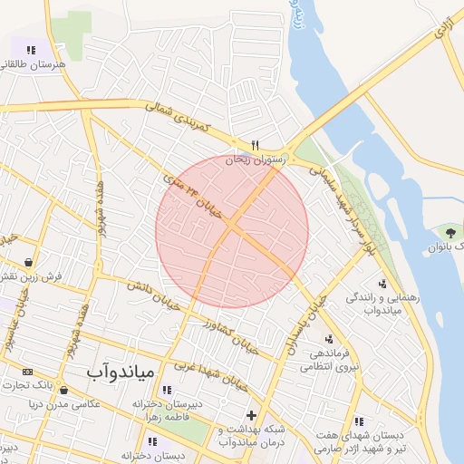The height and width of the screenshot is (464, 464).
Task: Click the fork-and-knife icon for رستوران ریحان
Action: click(x=256, y=145)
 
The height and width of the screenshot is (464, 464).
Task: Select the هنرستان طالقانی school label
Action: click(x=31, y=64)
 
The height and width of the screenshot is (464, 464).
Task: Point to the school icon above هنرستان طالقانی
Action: click(x=31, y=51)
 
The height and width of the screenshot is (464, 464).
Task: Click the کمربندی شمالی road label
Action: click(x=178, y=117)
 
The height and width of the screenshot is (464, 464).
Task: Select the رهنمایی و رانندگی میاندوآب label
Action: click(x=372, y=304)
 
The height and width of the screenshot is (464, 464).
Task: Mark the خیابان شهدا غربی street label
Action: click(x=205, y=360)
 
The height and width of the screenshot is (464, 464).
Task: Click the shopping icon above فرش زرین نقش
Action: click(x=30, y=262)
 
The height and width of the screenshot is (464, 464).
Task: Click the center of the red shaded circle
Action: click(x=232, y=231)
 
